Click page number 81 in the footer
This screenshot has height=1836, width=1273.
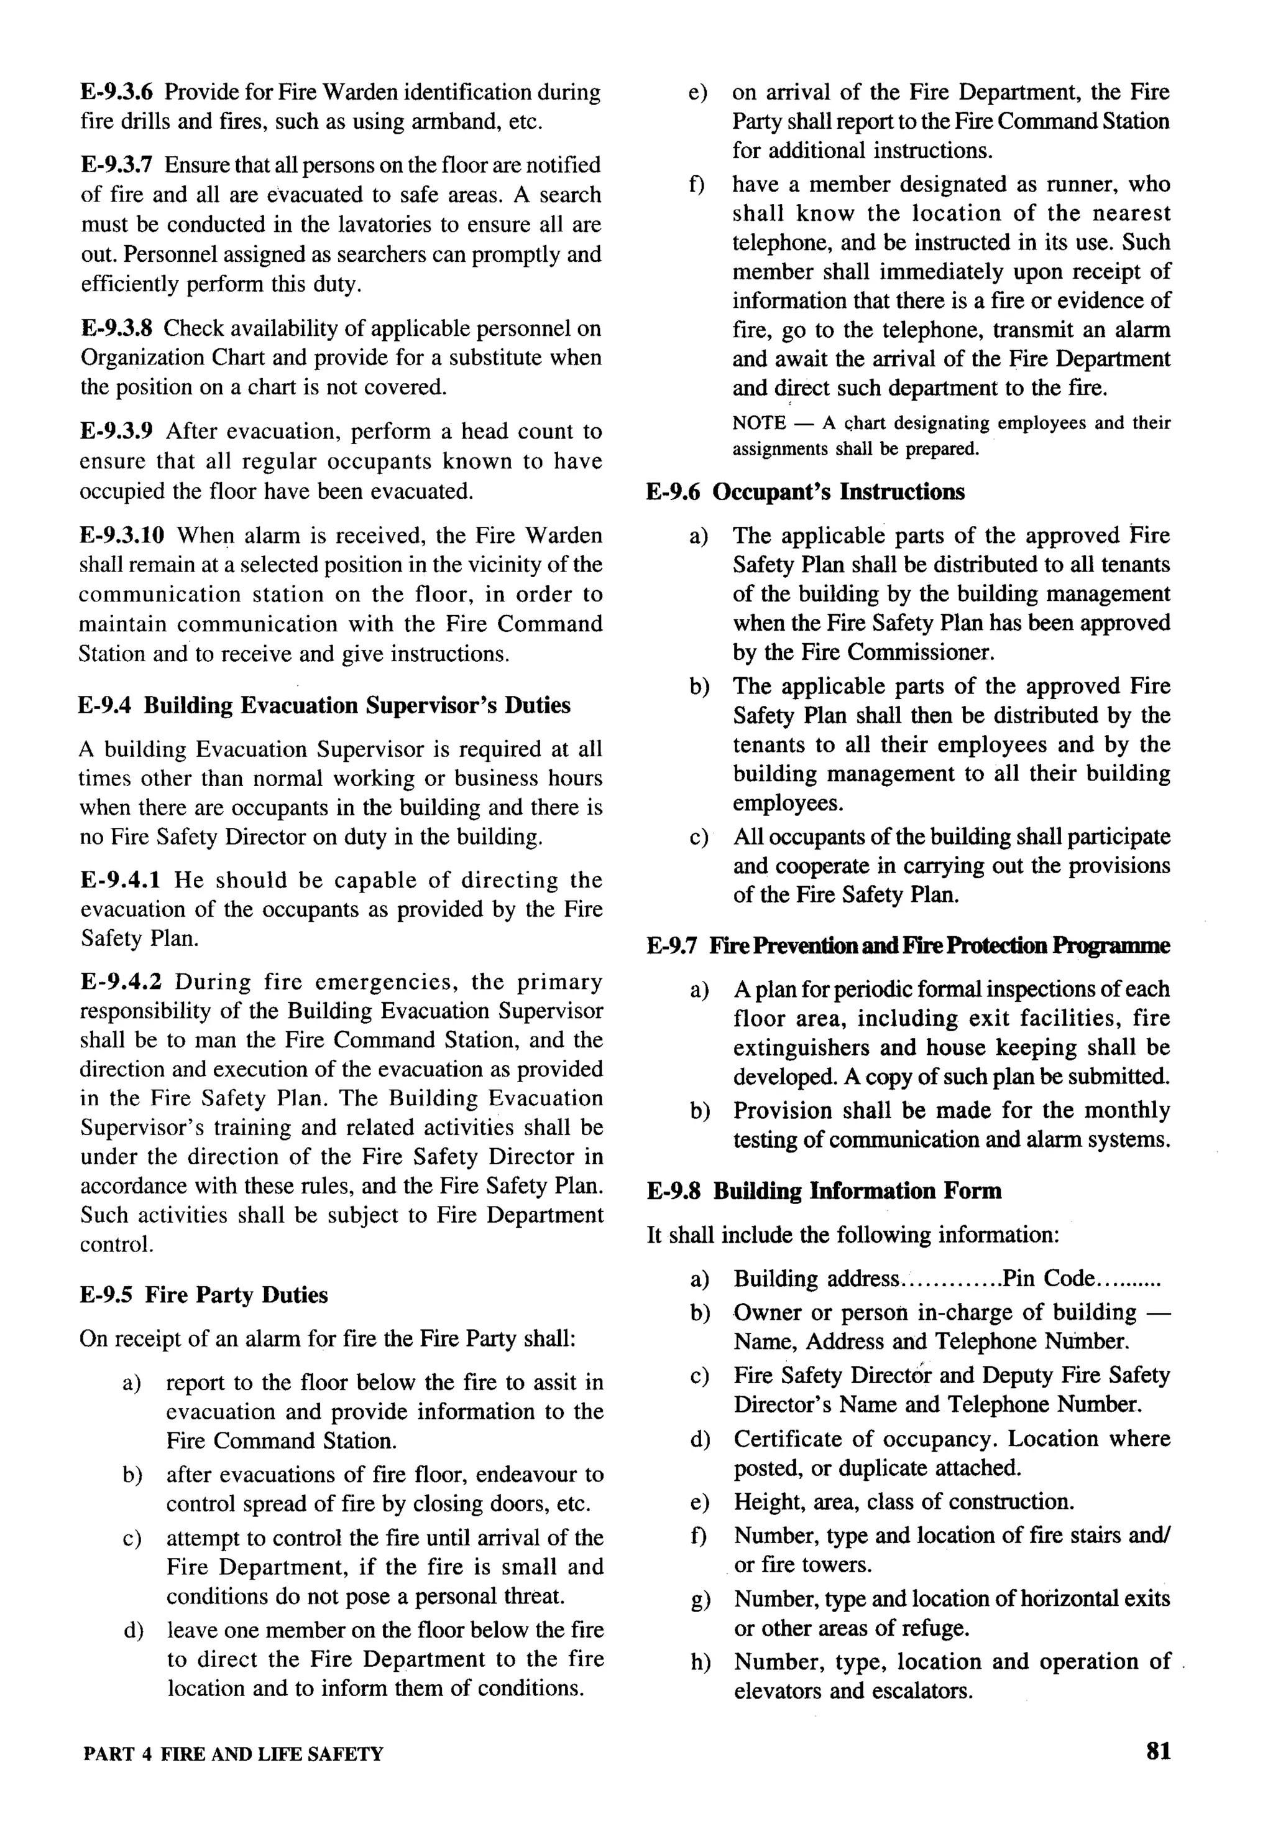tap(1157, 1751)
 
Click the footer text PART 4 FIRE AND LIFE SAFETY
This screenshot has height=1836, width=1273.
tap(233, 1754)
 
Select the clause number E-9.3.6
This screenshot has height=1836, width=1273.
tap(119, 93)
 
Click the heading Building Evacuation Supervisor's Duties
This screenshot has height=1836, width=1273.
tap(357, 705)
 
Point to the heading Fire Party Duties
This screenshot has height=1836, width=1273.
tap(236, 1295)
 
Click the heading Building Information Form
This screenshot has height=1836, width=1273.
tap(857, 1191)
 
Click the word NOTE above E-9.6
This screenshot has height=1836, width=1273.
tap(758, 424)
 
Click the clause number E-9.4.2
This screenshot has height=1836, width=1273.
tap(121, 982)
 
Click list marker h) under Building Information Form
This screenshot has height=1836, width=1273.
tap(699, 1662)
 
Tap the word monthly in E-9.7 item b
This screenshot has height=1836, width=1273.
tap(1130, 1111)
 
